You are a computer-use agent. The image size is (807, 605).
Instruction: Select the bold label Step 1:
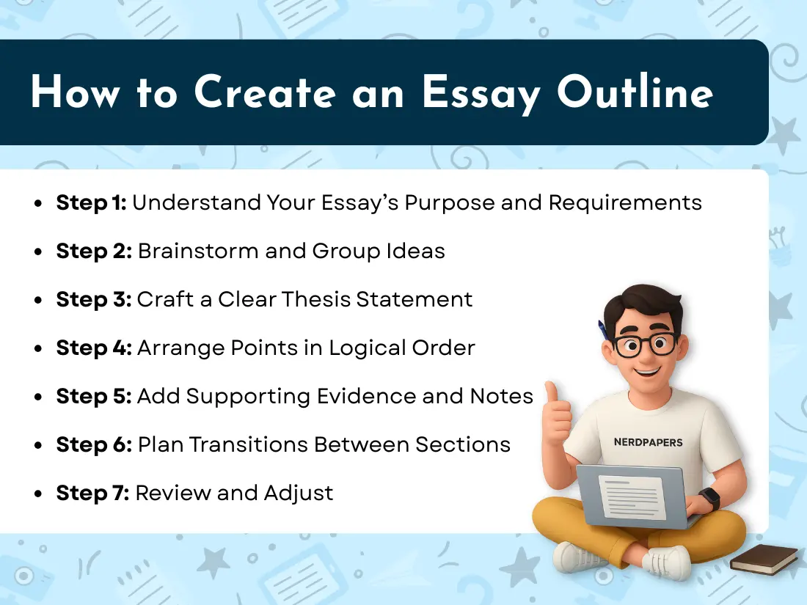[x=91, y=202]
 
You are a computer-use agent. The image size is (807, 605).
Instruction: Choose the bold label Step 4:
[x=93, y=348]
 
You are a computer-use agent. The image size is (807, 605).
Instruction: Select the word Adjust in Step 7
[x=297, y=493]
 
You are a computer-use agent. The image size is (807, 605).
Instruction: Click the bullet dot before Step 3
[x=38, y=301]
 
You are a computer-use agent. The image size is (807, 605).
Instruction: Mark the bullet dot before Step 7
[x=38, y=494]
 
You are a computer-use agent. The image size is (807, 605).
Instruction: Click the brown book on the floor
[x=763, y=560]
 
